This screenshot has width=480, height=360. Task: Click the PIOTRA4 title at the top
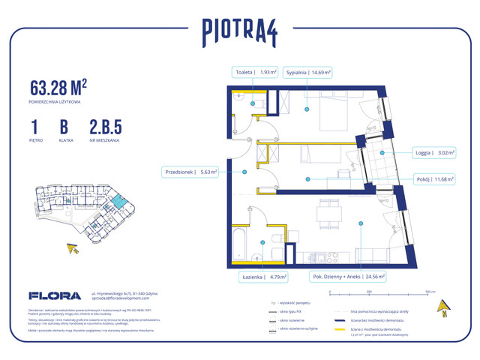pyautogui.click(x=239, y=31)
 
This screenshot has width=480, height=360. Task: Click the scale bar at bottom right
pyautogui.click(x=369, y=295)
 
